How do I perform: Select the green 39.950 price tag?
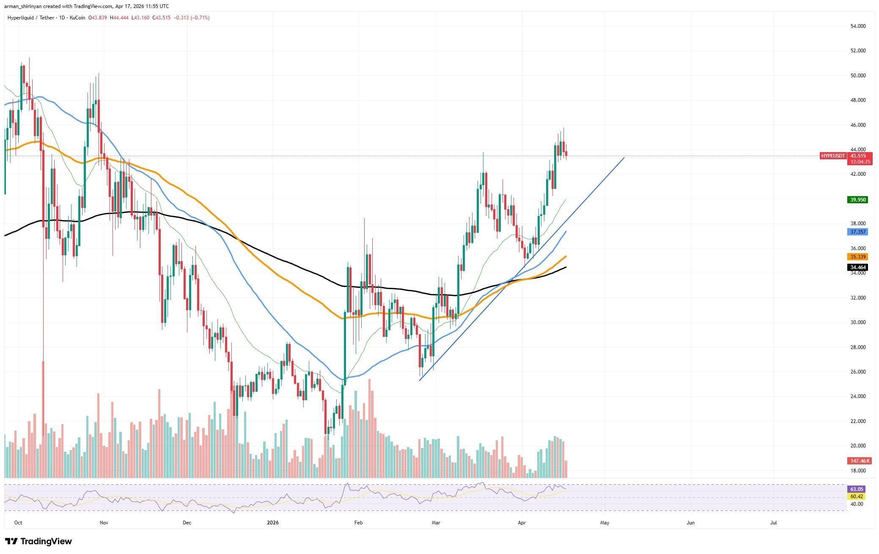pos(857,200)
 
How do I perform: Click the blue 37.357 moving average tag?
pos(857,232)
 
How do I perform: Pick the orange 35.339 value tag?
pos(857,257)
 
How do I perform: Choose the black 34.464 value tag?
pos(857,267)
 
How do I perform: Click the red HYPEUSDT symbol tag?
pos(833,156)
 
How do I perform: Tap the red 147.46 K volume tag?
pos(857,461)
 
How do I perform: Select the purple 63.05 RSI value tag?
pos(857,489)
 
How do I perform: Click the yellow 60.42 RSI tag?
pos(857,496)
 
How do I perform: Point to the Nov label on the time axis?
pos(104,523)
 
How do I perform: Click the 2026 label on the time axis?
pos(273,523)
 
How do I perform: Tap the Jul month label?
pos(774,523)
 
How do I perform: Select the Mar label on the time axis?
pos(436,523)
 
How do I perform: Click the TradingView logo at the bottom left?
pos(38,541)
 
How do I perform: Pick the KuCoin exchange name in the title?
pos(77,18)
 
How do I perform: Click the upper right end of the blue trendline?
pos(624,158)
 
